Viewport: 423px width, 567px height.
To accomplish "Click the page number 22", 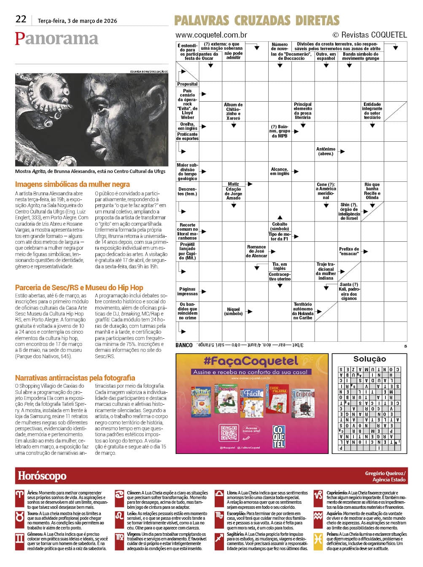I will coord(21,19).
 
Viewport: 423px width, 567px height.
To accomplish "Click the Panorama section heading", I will coord(57,38).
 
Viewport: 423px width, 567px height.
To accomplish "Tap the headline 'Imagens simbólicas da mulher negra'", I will coord(73,184).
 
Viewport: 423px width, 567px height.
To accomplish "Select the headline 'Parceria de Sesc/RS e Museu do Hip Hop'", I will coord(79,288).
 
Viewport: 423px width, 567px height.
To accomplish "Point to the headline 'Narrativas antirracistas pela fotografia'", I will coord(75,378).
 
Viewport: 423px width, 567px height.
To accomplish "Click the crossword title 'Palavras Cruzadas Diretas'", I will coord(257,20).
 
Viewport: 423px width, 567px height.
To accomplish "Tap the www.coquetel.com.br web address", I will coord(211,35).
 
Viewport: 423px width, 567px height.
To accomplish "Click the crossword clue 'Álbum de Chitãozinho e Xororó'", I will coord(233,111).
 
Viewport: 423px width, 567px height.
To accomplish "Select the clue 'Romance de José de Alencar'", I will coord(256,251).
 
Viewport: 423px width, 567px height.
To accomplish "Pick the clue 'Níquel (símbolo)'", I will coord(233,311).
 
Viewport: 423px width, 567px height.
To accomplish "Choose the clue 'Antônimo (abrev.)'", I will coord(326,151).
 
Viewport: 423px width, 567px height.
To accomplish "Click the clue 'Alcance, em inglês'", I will coord(279,171).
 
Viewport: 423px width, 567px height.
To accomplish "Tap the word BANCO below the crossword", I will coord(184,345).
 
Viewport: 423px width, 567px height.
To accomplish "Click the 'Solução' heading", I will coord(369,359).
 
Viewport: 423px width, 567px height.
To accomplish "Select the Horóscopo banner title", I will coord(42,476).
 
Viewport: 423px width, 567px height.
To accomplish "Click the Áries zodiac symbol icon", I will coord(20,494).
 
